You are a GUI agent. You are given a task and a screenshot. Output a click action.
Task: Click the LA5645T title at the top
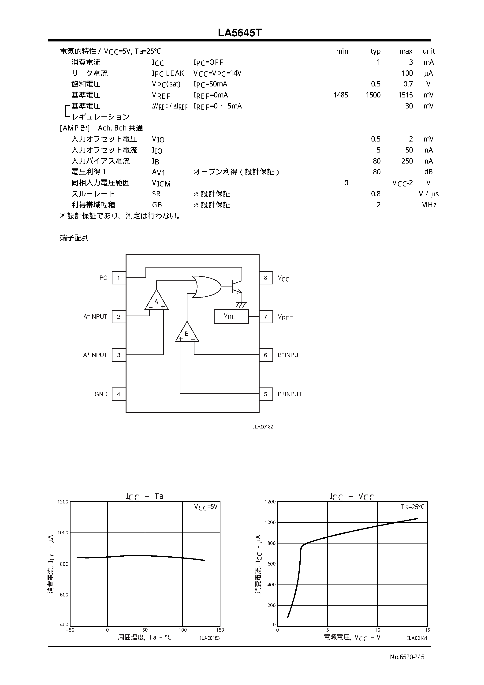(240, 33)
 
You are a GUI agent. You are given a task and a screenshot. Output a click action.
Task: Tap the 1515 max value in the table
(405, 95)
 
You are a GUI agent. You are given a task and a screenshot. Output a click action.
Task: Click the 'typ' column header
(375, 51)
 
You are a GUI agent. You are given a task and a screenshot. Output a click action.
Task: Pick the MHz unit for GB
(428, 205)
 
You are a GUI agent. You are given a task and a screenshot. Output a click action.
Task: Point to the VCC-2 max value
(402, 183)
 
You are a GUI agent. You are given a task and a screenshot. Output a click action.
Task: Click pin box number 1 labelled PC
(119, 278)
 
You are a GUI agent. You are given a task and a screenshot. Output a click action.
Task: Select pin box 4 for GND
(119, 394)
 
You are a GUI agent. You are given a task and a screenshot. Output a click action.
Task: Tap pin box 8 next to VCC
(266, 278)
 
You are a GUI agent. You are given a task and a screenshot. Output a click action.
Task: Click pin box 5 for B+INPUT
(266, 394)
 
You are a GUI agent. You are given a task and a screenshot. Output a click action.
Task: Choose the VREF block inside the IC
(231, 316)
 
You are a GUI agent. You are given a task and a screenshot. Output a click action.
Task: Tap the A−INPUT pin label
(95, 316)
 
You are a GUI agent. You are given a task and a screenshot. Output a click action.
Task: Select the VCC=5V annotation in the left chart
(206, 507)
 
